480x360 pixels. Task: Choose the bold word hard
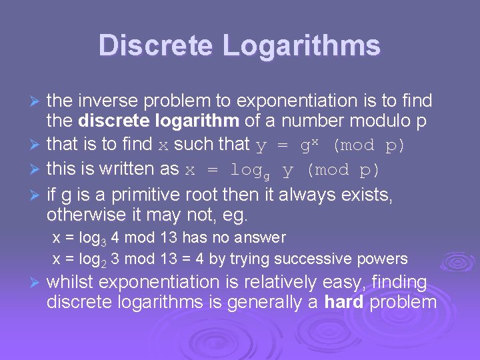coord(344,302)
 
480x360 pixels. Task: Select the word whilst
coord(69,283)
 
